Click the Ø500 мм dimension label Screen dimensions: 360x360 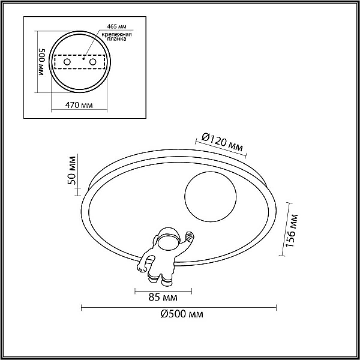point(182,314)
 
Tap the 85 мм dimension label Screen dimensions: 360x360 point(163,298)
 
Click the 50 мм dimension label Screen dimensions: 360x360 point(71,170)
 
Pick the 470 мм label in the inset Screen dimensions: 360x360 point(79,105)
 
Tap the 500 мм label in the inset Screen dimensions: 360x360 point(42,62)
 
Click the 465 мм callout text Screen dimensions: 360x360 point(116,26)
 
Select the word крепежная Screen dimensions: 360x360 point(116,35)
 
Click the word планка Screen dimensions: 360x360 point(116,39)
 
